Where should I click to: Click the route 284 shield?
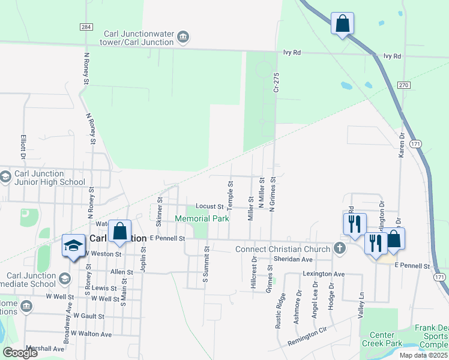click(x=86, y=27)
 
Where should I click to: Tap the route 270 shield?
click(x=403, y=85)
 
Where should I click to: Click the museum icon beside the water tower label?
click(x=183, y=38)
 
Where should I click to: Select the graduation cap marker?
click(x=74, y=246)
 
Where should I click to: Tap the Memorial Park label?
click(x=202, y=219)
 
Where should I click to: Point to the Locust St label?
click(x=209, y=206)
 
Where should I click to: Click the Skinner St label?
click(x=159, y=209)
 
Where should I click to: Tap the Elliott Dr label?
click(x=23, y=146)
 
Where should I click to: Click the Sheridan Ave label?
click(x=293, y=259)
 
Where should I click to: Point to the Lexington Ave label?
click(x=324, y=274)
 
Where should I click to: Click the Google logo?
click(x=20, y=353)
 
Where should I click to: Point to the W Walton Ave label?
click(x=91, y=334)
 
